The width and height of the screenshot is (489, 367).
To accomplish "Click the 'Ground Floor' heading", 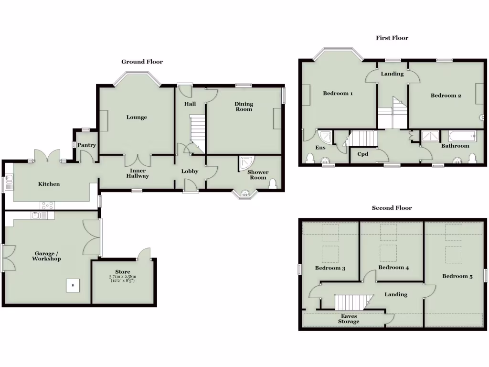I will (142, 62).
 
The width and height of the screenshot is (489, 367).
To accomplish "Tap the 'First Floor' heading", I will (392, 38).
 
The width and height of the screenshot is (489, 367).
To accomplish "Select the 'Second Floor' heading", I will (392, 208).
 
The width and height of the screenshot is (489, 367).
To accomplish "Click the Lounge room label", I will (137, 117).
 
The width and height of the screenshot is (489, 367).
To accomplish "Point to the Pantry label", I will (87, 145).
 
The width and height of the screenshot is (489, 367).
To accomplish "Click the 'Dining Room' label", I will (244, 107).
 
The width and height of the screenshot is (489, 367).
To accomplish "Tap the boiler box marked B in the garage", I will (73, 285).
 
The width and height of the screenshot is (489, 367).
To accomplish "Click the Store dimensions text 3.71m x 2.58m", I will (123, 277).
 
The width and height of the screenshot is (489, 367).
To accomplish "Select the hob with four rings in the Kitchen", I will (47, 205).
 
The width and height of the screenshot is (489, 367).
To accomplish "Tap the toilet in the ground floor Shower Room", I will (273, 184).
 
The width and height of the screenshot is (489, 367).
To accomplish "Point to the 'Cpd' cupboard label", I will (362, 154).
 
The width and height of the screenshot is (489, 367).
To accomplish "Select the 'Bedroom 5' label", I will (457, 276).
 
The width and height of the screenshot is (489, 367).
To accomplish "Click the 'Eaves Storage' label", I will (349, 319).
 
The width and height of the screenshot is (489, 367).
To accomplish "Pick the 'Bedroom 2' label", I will (446, 96).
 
